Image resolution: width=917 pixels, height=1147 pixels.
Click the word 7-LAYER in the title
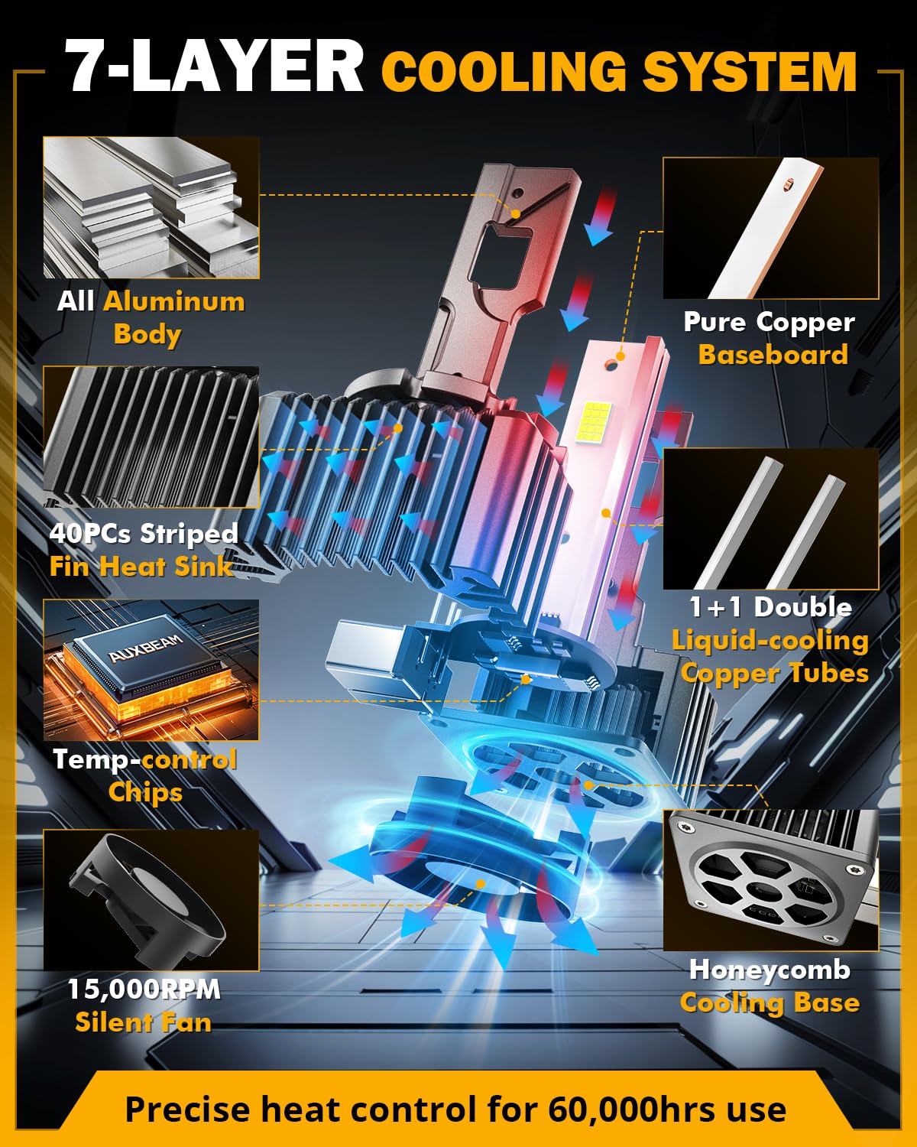click(214, 66)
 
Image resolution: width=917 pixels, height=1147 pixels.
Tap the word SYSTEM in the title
click(749, 72)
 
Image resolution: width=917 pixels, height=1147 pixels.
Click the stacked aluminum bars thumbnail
click(151, 207)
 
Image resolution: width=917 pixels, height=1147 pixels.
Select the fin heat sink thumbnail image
click(151, 437)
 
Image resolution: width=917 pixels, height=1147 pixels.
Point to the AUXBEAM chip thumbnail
click(151, 670)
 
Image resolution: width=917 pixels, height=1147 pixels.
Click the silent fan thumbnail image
click(151, 900)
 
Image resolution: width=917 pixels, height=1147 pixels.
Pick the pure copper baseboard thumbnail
click(770, 228)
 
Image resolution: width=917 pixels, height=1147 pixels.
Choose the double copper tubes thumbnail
click(770, 518)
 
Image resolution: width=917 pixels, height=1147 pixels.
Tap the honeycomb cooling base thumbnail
click(770, 880)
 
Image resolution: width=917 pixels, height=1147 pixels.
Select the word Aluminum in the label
click(174, 301)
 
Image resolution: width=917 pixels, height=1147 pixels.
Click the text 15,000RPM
click(144, 989)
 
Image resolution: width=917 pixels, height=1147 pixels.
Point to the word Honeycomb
click(770, 970)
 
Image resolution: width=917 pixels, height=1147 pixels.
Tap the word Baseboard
click(773, 355)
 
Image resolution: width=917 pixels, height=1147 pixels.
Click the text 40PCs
click(90, 533)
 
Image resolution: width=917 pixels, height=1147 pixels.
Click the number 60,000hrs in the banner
click(631, 1110)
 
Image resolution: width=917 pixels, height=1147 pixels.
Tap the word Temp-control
click(145, 759)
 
